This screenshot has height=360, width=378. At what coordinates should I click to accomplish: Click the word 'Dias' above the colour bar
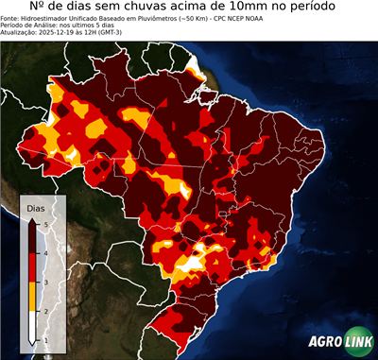pos(35,206)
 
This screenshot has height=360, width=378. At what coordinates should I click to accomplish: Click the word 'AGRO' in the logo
pos(324,343)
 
